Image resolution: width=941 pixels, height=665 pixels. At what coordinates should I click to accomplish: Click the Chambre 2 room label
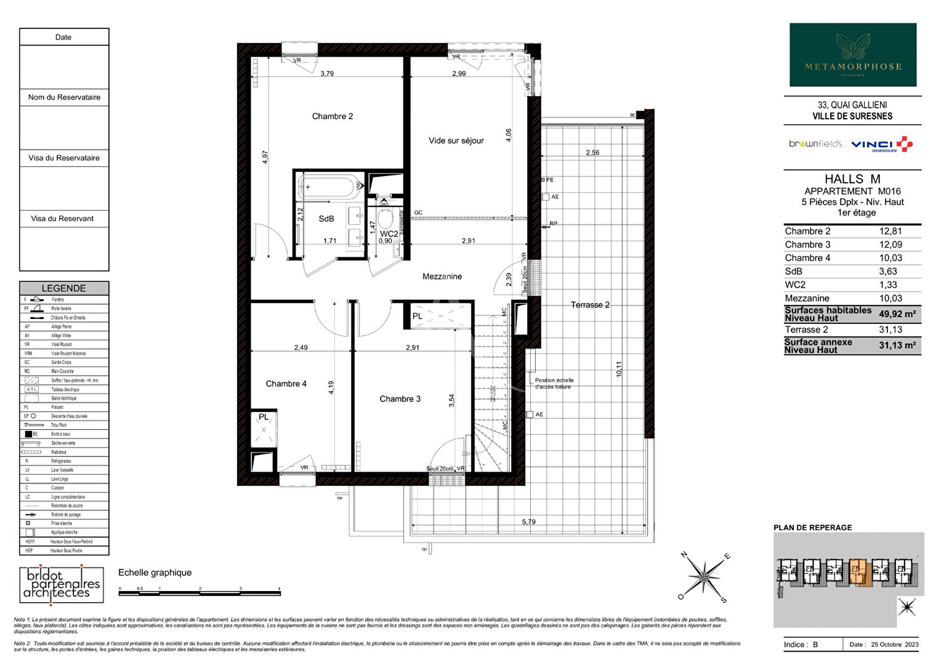[x=332, y=116]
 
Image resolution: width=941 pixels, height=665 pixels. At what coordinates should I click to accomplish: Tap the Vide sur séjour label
[x=456, y=141]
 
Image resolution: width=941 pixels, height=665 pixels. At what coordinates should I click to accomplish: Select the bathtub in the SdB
[x=329, y=186]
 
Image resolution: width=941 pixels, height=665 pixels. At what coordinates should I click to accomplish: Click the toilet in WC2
[x=386, y=218]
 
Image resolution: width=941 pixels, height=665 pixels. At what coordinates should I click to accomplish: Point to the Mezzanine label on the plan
[x=442, y=276]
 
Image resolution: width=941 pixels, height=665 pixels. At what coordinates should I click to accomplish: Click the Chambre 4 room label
[x=286, y=384]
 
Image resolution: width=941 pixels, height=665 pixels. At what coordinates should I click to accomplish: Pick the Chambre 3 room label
[x=400, y=399]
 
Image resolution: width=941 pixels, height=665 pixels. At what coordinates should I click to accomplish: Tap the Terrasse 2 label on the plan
[x=589, y=305]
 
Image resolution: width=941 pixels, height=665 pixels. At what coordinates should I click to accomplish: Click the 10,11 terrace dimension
[x=619, y=369]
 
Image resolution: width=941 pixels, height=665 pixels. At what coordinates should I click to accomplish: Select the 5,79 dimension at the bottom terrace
[x=528, y=522]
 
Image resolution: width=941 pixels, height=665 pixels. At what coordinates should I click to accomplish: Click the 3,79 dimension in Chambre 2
[x=327, y=73]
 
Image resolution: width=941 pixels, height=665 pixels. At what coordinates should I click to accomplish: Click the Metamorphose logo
[x=853, y=55]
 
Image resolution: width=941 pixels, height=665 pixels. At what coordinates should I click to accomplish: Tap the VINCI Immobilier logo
[x=881, y=145]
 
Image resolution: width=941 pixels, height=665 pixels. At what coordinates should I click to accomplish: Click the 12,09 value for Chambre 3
[x=890, y=244]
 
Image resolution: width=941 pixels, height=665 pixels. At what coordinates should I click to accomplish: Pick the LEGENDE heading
[x=63, y=288]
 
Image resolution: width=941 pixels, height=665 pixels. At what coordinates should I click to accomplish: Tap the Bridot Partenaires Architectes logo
[x=61, y=584]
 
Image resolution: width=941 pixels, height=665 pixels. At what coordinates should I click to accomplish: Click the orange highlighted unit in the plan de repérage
[x=858, y=572]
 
